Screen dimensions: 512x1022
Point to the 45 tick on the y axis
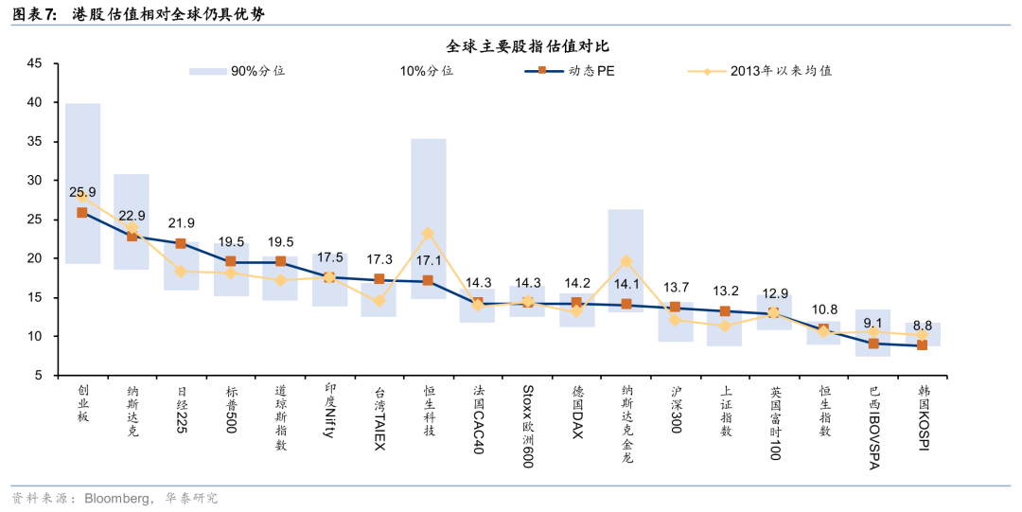click(x=34, y=63)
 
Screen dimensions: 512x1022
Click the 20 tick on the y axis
click(x=34, y=258)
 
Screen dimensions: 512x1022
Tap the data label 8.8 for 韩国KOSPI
click(x=923, y=325)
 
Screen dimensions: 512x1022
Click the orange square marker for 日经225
click(x=181, y=243)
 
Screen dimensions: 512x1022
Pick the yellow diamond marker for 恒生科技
click(x=428, y=233)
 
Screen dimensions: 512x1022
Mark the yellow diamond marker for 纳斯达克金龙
click(x=626, y=261)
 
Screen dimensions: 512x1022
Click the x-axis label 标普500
click(x=231, y=409)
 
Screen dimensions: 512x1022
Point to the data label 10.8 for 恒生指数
click(x=823, y=309)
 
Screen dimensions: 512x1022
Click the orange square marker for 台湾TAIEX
click(x=379, y=279)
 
